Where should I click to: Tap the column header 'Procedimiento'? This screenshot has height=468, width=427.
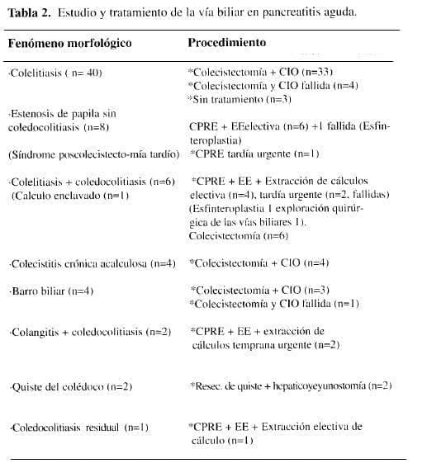pos(226,41)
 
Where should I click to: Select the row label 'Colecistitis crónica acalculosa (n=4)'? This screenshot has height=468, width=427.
pos(92,263)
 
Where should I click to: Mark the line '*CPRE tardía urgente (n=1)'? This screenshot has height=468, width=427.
pos(254,154)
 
